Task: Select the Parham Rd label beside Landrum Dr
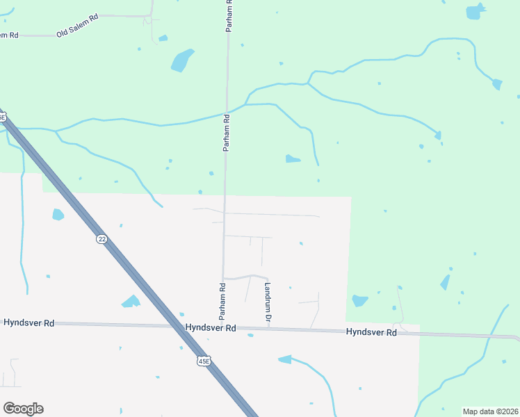click(x=223, y=295)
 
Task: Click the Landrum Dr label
click(x=268, y=301)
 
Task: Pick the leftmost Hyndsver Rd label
click(x=29, y=323)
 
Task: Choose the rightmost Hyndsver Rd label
click(x=371, y=333)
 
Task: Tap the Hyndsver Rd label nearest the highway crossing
click(x=211, y=327)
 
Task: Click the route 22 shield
click(x=102, y=239)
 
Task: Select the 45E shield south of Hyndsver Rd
click(x=203, y=361)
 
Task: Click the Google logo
click(x=23, y=409)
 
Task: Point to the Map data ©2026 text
click(x=490, y=411)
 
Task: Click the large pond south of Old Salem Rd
click(x=181, y=60)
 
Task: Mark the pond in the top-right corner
click(x=474, y=13)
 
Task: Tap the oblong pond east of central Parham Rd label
click(x=293, y=159)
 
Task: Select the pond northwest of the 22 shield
click(x=58, y=215)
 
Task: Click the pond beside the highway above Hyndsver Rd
click(x=130, y=302)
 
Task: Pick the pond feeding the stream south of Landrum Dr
click(x=285, y=359)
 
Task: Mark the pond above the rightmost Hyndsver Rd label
click(x=359, y=301)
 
